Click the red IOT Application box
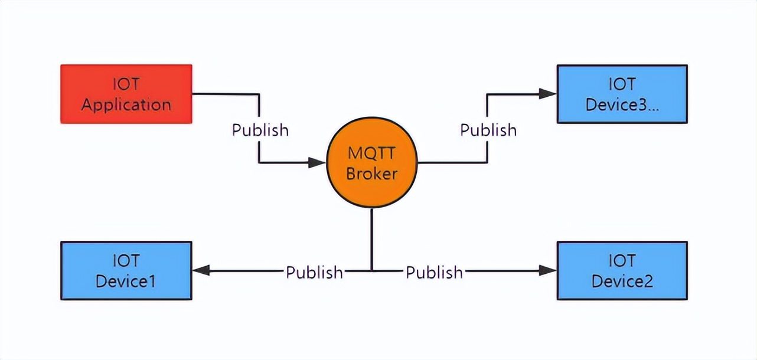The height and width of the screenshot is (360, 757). pyautogui.click(x=126, y=94)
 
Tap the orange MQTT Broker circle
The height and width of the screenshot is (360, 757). pyautogui.click(x=371, y=163)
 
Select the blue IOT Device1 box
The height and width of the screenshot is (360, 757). pyautogui.click(x=126, y=270)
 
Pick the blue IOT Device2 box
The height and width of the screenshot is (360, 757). pyautogui.click(x=622, y=270)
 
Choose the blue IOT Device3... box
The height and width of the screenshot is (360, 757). pyautogui.click(x=622, y=94)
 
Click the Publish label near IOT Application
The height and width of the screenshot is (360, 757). pyautogui.click(x=260, y=130)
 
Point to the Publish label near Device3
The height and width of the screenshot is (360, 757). pyautogui.click(x=488, y=130)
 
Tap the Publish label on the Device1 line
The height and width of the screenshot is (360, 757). pyautogui.click(x=314, y=272)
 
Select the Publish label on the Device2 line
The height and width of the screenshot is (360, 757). pyautogui.click(x=434, y=272)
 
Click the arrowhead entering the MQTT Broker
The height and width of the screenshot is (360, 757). pyautogui.click(x=317, y=163)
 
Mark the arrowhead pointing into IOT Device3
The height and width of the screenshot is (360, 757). pyautogui.click(x=547, y=93)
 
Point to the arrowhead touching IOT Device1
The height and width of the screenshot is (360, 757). pyautogui.click(x=201, y=271)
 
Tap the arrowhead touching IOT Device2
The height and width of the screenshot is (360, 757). pyautogui.click(x=547, y=271)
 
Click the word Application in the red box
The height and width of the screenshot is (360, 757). pyautogui.click(x=126, y=105)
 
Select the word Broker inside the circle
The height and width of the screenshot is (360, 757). pyautogui.click(x=371, y=174)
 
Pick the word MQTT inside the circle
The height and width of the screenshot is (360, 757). pyautogui.click(x=371, y=154)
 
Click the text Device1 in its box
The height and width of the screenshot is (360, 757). pyautogui.click(x=126, y=281)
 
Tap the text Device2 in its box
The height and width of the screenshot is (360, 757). pyautogui.click(x=622, y=281)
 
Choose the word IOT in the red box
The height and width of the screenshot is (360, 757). pyautogui.click(x=126, y=84)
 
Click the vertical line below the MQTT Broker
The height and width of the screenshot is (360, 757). pyautogui.click(x=371, y=239)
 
